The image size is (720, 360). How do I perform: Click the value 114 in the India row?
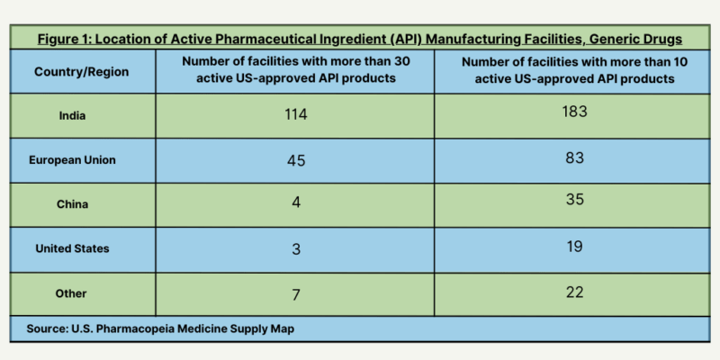295,115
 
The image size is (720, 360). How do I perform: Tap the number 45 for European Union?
295,161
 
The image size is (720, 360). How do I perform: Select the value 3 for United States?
295,249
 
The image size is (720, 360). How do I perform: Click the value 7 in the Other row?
295,294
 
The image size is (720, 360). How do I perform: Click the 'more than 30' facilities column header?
295,69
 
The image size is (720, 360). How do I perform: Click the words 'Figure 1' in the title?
67,39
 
